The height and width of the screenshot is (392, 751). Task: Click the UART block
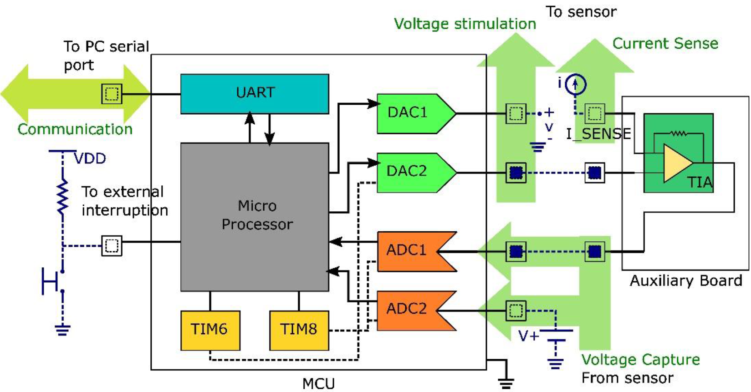(255, 94)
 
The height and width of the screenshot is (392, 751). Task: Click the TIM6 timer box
(210, 330)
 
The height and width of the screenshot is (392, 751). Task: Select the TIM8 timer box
(299, 330)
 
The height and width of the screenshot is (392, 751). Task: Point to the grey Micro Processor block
(255, 217)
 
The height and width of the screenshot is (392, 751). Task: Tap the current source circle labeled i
(575, 84)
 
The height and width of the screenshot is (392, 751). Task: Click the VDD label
(90, 159)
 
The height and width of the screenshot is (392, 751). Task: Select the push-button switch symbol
(52, 281)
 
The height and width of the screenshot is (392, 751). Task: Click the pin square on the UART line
(112, 94)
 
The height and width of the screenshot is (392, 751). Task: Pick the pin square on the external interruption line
(112, 246)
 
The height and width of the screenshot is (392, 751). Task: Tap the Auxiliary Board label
(685, 281)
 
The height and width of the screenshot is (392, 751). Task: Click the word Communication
(75, 129)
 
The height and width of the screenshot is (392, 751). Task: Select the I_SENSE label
(598, 134)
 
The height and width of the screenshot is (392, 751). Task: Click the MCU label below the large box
(318, 384)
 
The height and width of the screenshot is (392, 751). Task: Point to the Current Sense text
(665, 44)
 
